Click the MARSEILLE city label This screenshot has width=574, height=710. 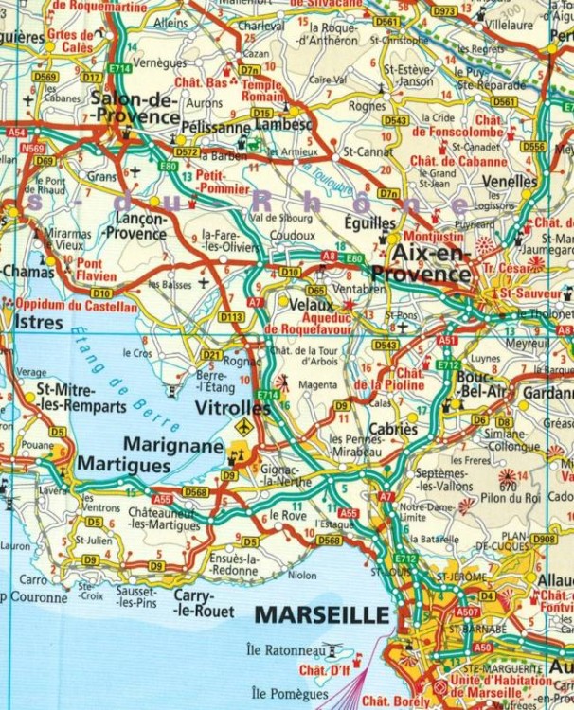pos(322,615)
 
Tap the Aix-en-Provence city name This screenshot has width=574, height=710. pos(422,264)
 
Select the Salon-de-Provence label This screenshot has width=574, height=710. pos(135,107)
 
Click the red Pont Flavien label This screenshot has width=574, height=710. pos(97,271)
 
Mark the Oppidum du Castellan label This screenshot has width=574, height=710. pos(76,305)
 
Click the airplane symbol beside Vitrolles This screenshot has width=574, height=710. pos(244,428)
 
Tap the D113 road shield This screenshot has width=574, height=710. pos(231,317)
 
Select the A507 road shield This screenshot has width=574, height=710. pos(467,612)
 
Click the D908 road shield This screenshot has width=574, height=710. pos(543,539)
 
